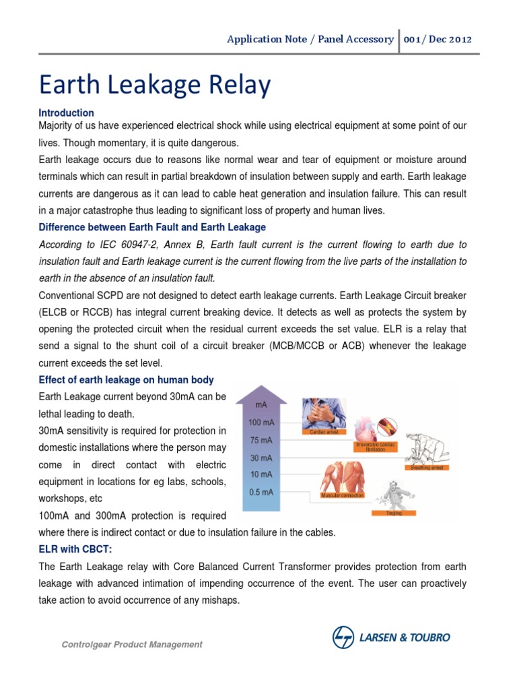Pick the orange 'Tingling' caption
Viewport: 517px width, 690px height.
point(394,513)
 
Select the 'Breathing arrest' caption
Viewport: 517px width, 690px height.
point(427,467)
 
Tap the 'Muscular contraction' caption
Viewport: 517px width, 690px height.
point(343,495)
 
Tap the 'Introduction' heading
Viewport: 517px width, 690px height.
point(67,113)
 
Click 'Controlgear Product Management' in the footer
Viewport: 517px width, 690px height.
point(132,645)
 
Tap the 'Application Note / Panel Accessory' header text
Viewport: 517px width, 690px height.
point(310,39)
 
